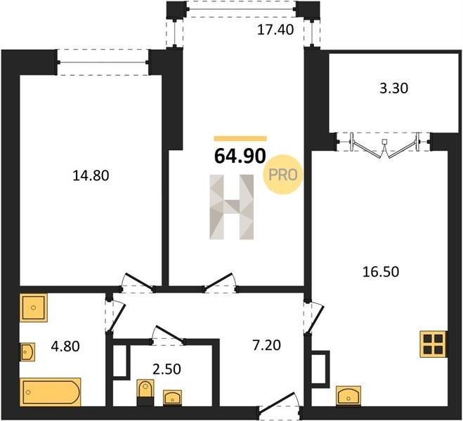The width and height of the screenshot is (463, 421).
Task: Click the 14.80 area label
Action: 91,175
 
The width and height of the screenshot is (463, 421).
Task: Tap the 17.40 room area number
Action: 275,29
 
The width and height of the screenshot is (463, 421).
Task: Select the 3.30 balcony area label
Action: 393,88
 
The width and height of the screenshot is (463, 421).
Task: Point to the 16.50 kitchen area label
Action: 381,272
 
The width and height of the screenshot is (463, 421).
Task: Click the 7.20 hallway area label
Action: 267,345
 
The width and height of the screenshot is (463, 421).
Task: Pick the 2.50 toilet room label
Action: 167,369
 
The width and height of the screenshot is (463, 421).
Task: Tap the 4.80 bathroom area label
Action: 65,347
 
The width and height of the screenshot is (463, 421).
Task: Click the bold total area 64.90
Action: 240,156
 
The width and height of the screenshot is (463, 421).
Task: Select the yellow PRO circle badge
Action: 283,175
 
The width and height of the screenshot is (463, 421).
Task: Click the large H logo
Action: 232,207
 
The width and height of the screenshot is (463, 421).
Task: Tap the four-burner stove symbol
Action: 433,344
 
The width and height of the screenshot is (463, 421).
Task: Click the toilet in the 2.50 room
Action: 145,392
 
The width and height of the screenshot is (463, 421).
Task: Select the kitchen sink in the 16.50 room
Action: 348,396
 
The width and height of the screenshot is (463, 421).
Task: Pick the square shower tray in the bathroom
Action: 33,308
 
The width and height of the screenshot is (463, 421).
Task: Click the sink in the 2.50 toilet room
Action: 173,398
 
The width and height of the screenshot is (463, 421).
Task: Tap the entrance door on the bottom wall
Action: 280,406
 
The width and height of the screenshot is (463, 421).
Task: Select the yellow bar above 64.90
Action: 240,138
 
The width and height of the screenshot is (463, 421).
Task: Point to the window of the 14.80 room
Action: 103,62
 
